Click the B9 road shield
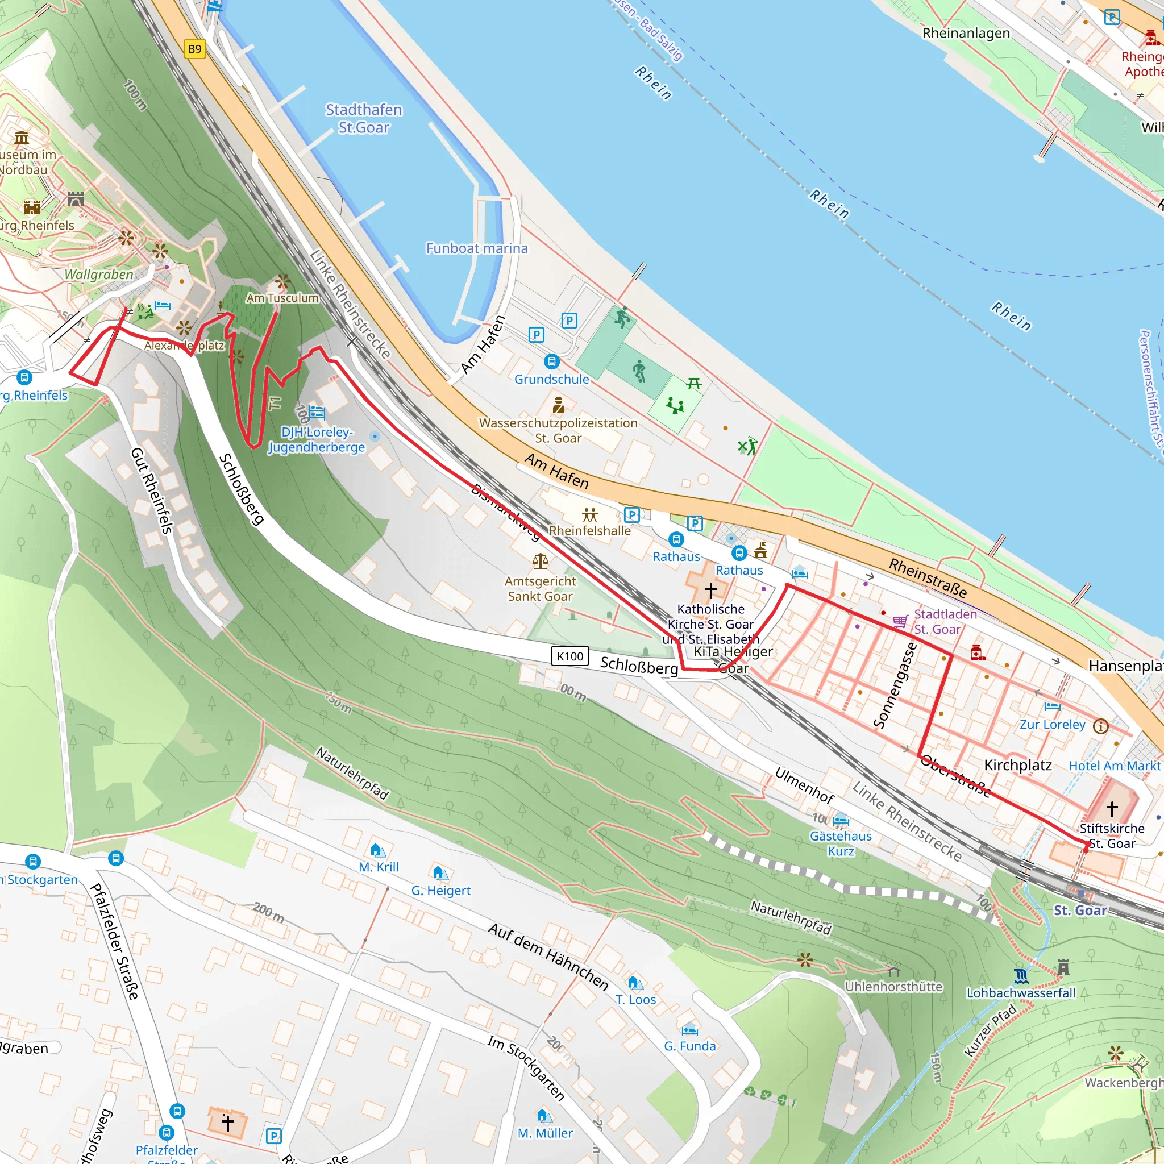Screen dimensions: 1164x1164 tap(194, 49)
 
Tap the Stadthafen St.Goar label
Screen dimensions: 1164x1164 tap(364, 119)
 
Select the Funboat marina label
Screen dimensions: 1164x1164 tap(476, 248)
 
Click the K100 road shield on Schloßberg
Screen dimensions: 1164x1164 tap(570, 656)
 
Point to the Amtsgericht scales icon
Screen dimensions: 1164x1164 tap(541, 562)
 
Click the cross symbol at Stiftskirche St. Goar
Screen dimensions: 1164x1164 tap(1112, 809)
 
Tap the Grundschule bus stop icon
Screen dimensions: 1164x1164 tap(552, 361)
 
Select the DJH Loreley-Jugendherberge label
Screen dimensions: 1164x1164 tap(317, 440)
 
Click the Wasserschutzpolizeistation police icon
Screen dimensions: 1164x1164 tap(559, 405)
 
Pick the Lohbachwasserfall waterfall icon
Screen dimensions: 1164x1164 tap(1021, 975)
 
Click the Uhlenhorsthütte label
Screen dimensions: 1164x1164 tap(893, 987)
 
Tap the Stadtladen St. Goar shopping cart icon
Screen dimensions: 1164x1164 tap(900, 621)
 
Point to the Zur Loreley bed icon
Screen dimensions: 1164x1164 tap(1053, 706)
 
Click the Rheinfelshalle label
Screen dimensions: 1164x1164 tap(590, 531)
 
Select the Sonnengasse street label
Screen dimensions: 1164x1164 tap(896, 685)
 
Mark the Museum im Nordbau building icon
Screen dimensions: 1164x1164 tap(22, 138)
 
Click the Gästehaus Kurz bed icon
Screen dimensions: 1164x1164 tap(841, 821)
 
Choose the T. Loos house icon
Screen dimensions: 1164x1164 tap(635, 983)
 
